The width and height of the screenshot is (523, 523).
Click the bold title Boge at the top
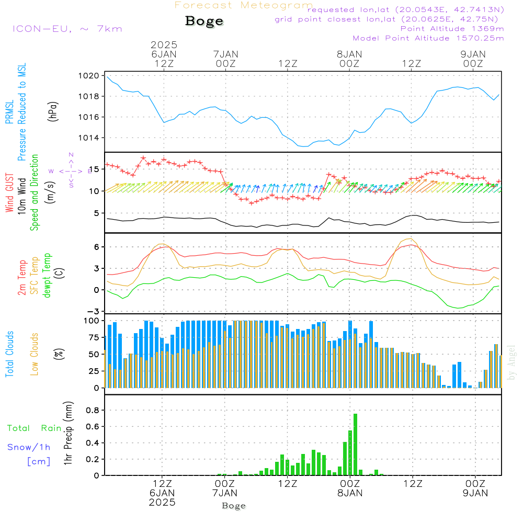pos(204,21)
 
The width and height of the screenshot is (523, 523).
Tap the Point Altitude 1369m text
pos(452,29)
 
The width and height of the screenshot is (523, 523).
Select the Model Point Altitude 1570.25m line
pos(428,38)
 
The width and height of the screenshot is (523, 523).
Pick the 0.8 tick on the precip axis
pos(93,410)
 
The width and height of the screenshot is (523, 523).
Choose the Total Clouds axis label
pos(10,354)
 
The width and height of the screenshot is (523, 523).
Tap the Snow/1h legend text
pos(29,447)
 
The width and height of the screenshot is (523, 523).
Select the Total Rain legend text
pos(34,428)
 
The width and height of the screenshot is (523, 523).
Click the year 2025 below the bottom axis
pos(163,503)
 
